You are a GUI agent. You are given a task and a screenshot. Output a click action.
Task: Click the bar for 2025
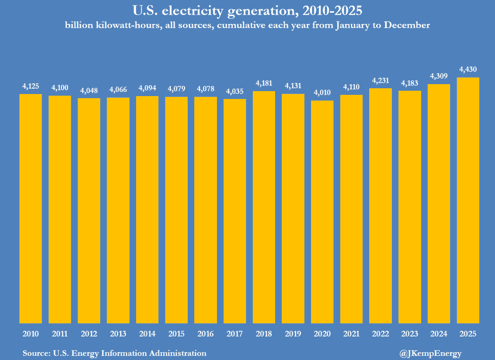(x=468, y=200)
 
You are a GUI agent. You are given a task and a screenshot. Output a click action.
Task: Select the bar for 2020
(x=322, y=212)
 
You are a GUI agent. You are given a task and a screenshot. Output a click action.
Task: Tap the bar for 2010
(x=31, y=209)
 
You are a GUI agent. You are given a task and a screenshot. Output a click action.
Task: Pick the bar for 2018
(x=264, y=207)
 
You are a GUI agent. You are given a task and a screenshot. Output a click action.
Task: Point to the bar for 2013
(x=118, y=210)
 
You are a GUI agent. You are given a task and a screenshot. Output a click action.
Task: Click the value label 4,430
(x=468, y=69)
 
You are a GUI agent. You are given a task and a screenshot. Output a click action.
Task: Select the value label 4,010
(x=322, y=92)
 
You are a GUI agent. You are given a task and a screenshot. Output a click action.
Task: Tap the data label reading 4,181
(x=264, y=83)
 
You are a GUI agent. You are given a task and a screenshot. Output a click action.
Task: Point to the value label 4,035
(x=235, y=91)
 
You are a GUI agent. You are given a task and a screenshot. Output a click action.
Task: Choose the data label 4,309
(x=439, y=76)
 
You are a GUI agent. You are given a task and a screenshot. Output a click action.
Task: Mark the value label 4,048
(x=89, y=90)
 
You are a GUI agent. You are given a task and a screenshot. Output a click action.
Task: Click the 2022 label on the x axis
(x=380, y=334)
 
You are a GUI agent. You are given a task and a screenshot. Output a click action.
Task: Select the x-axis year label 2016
(x=205, y=334)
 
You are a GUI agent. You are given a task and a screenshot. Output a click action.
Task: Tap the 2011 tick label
(x=60, y=334)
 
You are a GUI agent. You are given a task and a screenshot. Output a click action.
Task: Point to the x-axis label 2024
(x=439, y=334)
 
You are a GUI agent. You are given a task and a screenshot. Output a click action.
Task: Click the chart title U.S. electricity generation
(x=247, y=10)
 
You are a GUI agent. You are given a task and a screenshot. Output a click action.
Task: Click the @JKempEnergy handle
(x=430, y=353)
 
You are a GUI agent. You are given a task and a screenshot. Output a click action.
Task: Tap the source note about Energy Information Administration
(x=115, y=353)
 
